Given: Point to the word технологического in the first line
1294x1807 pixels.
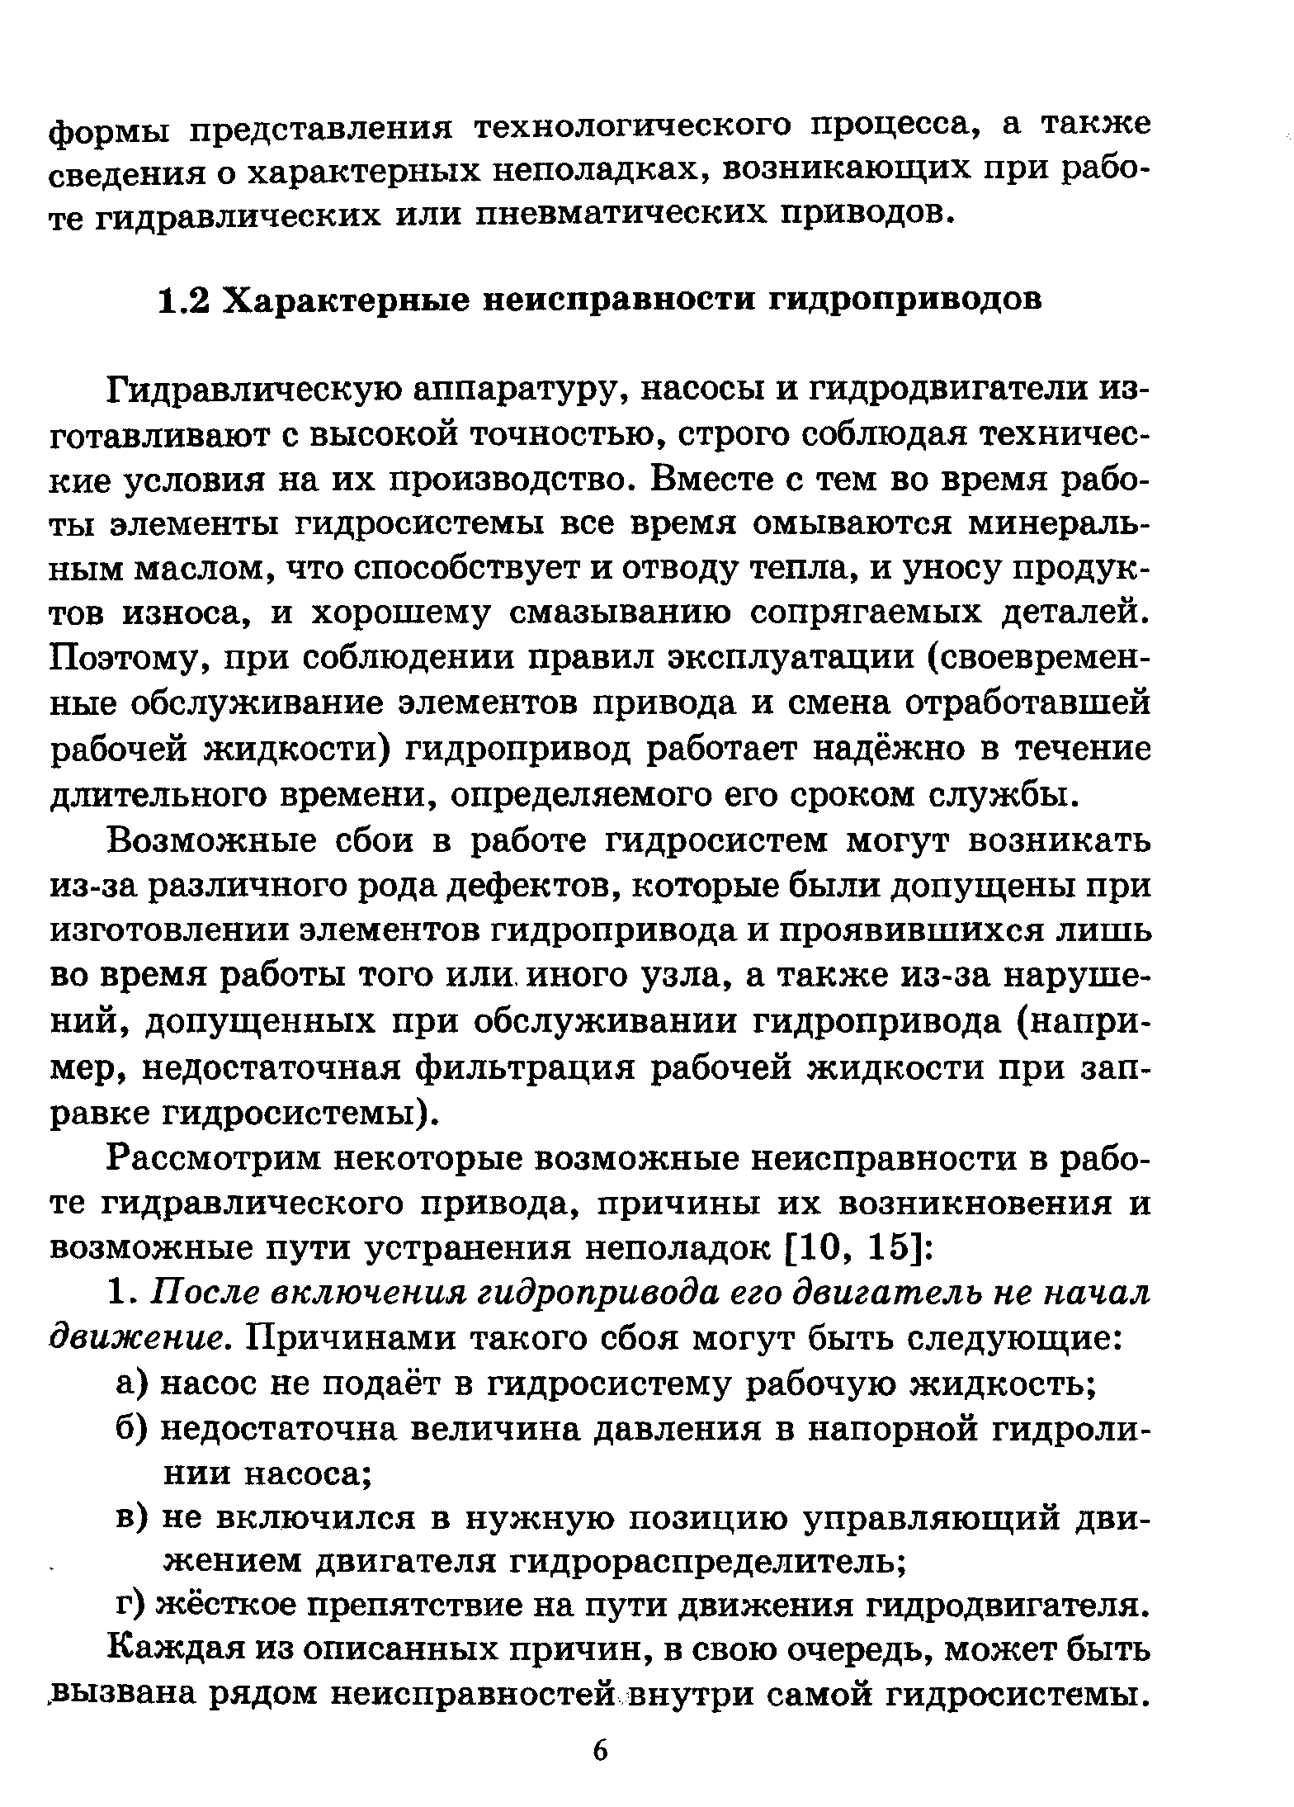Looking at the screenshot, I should (634, 126).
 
